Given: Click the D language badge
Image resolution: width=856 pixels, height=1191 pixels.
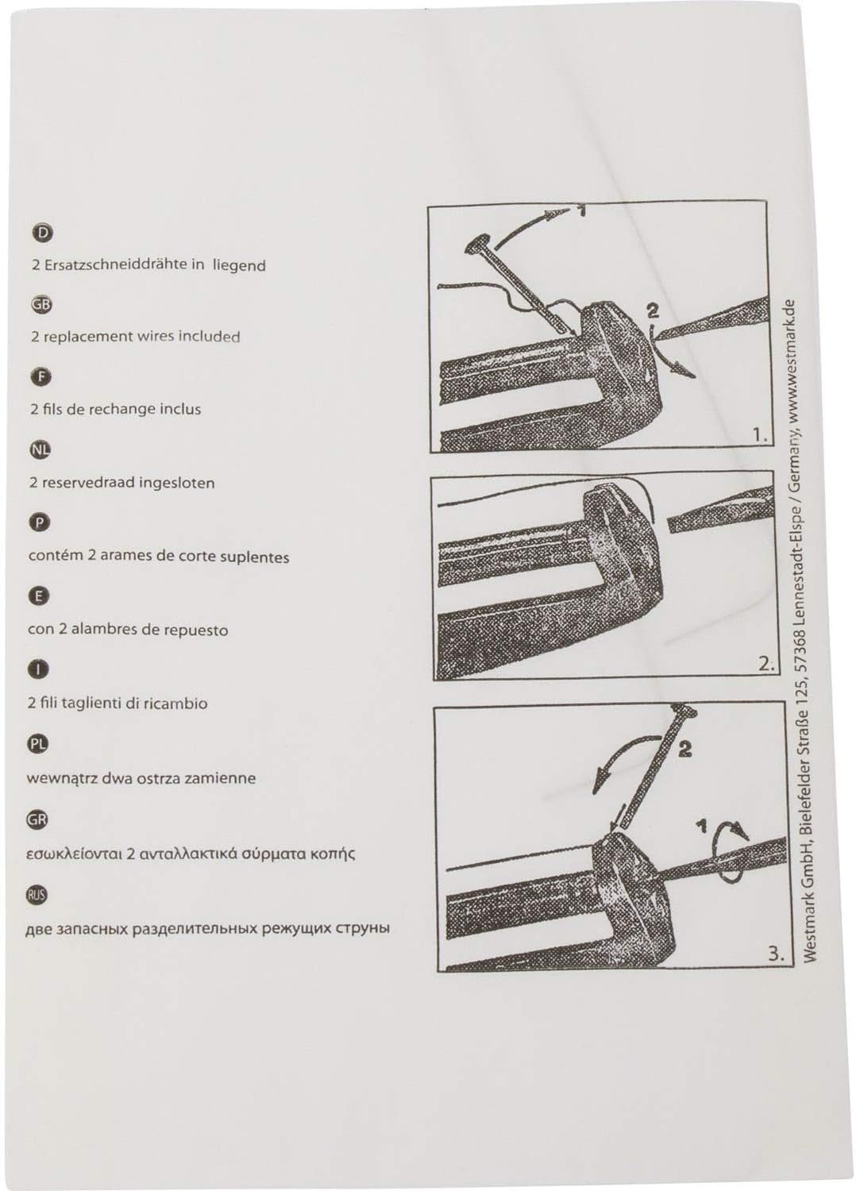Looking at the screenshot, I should tap(42, 233).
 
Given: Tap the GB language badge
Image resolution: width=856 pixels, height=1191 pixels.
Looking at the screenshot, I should tap(41, 304).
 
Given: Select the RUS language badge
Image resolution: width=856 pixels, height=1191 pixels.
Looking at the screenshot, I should tap(37, 895).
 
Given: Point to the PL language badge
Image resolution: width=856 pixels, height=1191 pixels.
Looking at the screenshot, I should tap(38, 744).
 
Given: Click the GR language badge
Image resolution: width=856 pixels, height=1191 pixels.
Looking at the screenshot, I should tap(37, 819).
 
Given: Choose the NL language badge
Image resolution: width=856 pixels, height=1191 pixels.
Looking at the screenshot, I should tap(40, 450).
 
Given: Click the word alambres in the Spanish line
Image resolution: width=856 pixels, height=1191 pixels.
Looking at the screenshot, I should tap(105, 630).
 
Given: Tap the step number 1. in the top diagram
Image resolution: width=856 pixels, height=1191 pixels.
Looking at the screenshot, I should tap(760, 435).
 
